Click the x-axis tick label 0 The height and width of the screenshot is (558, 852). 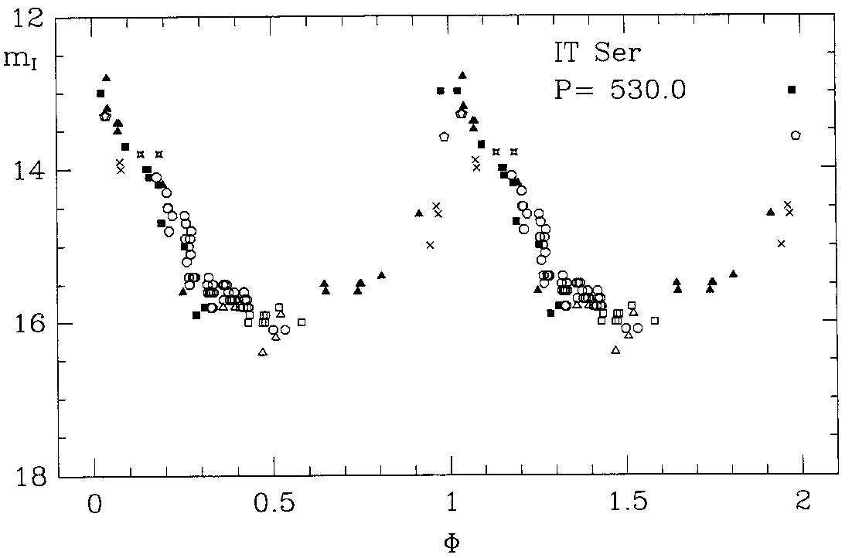click(x=95, y=501)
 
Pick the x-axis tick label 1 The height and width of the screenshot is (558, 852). click(x=452, y=501)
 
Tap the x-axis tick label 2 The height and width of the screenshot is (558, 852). click(x=804, y=501)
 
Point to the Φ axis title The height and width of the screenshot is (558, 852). click(x=452, y=540)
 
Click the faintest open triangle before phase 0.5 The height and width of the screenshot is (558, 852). click(x=263, y=352)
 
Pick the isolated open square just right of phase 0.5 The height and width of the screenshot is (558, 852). click(x=302, y=322)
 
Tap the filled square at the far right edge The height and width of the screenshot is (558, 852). click(x=792, y=90)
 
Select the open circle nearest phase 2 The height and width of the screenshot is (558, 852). click(x=796, y=135)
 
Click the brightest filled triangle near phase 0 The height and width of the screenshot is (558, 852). click(x=106, y=78)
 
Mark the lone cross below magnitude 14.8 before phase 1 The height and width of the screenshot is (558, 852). click(x=430, y=245)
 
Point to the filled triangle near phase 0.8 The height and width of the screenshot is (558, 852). click(x=381, y=275)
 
